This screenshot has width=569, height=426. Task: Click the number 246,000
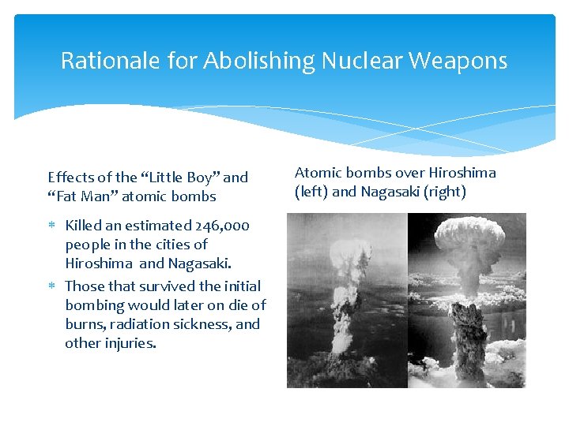pos(222,226)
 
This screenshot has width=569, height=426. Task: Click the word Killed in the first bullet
pos(84,226)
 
